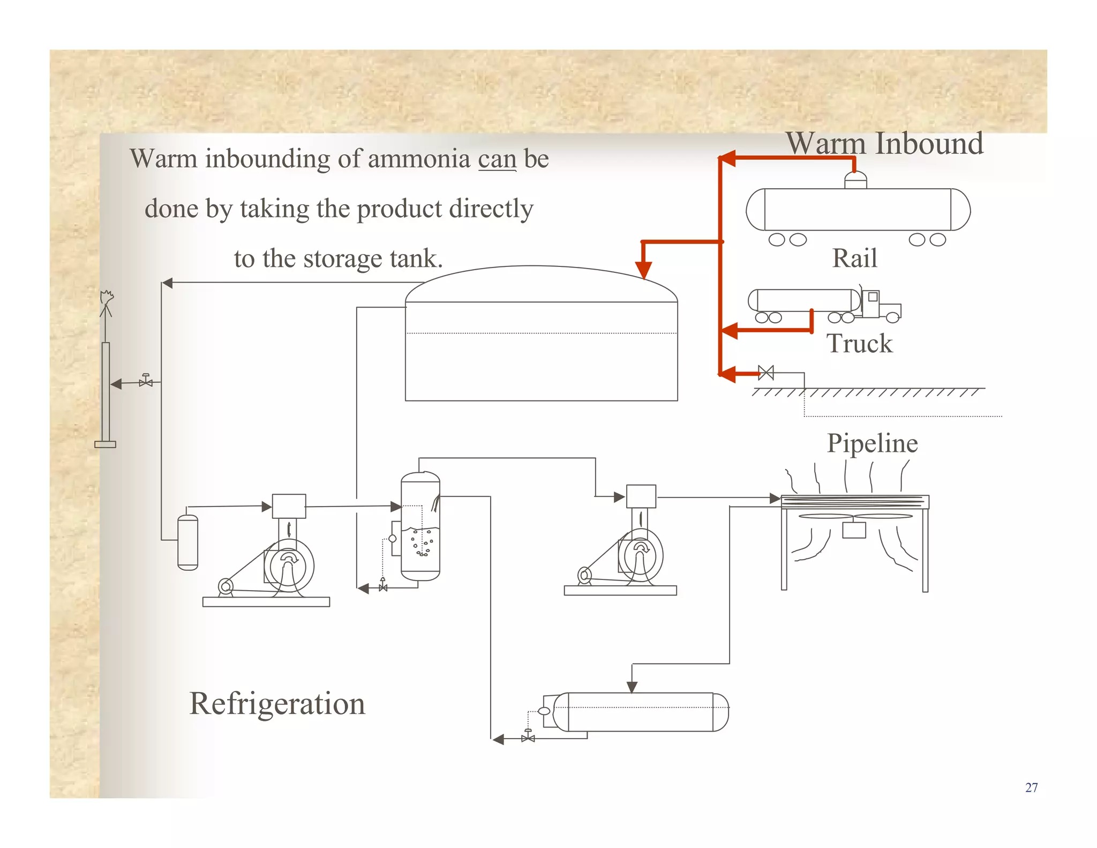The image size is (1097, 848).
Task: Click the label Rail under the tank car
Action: click(854, 258)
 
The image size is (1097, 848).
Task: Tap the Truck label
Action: click(859, 344)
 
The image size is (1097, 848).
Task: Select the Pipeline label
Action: click(872, 443)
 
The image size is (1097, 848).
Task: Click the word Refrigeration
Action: click(277, 704)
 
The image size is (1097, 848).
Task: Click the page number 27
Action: click(1031, 787)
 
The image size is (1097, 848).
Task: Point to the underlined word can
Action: click(497, 159)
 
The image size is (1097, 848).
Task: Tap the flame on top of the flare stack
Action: click(107, 296)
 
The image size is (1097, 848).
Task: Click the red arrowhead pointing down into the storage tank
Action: click(643, 270)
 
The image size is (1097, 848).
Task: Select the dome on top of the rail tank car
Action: click(855, 180)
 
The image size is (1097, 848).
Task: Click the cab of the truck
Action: click(871, 303)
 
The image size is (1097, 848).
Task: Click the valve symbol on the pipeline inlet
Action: click(766, 373)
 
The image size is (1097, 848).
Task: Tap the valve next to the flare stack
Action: click(146, 382)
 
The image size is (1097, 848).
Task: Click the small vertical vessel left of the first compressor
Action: click(187, 542)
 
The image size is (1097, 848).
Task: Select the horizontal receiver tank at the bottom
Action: click(640, 712)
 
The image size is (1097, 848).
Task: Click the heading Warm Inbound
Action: click(884, 144)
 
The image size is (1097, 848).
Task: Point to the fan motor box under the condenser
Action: click(854, 530)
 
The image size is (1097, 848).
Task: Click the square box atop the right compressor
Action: click(641, 496)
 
